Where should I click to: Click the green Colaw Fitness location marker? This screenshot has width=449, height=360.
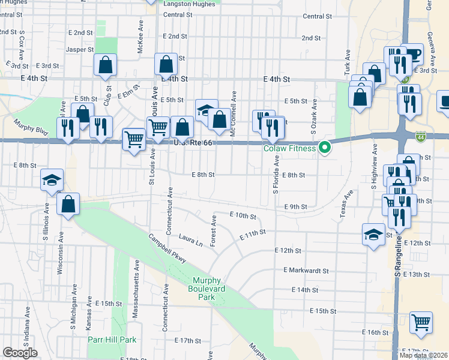point(325,146)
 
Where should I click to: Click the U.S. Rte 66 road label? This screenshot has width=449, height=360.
point(191,143)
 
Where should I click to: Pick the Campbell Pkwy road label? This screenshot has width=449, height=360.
point(167,250)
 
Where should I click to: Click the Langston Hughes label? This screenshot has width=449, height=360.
point(189,4)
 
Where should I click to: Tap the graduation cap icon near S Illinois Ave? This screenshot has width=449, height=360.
point(52,179)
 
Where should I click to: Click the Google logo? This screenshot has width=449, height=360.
point(20,353)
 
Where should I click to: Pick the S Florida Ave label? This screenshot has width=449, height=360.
point(276,175)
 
